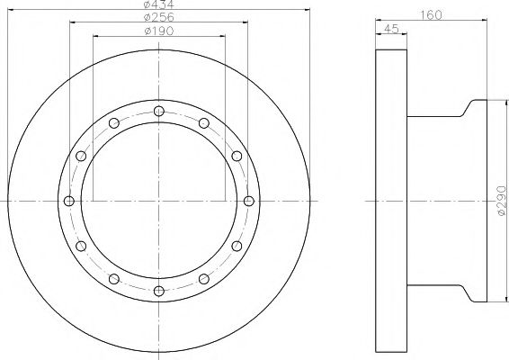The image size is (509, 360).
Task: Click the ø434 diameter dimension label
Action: [159, 4]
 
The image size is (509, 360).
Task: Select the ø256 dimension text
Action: [159, 17]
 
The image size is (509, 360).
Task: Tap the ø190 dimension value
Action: [159, 31]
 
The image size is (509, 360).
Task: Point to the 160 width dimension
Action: [431, 15]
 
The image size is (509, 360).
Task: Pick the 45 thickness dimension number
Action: [391, 29]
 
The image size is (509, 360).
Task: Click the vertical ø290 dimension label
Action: [502, 200]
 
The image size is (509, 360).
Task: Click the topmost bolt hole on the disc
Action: [159, 111]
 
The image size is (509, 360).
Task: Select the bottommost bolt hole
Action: [159, 291]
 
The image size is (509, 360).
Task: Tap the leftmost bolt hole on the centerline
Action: [69, 201]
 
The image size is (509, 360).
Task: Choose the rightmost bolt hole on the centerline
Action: [249, 201]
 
